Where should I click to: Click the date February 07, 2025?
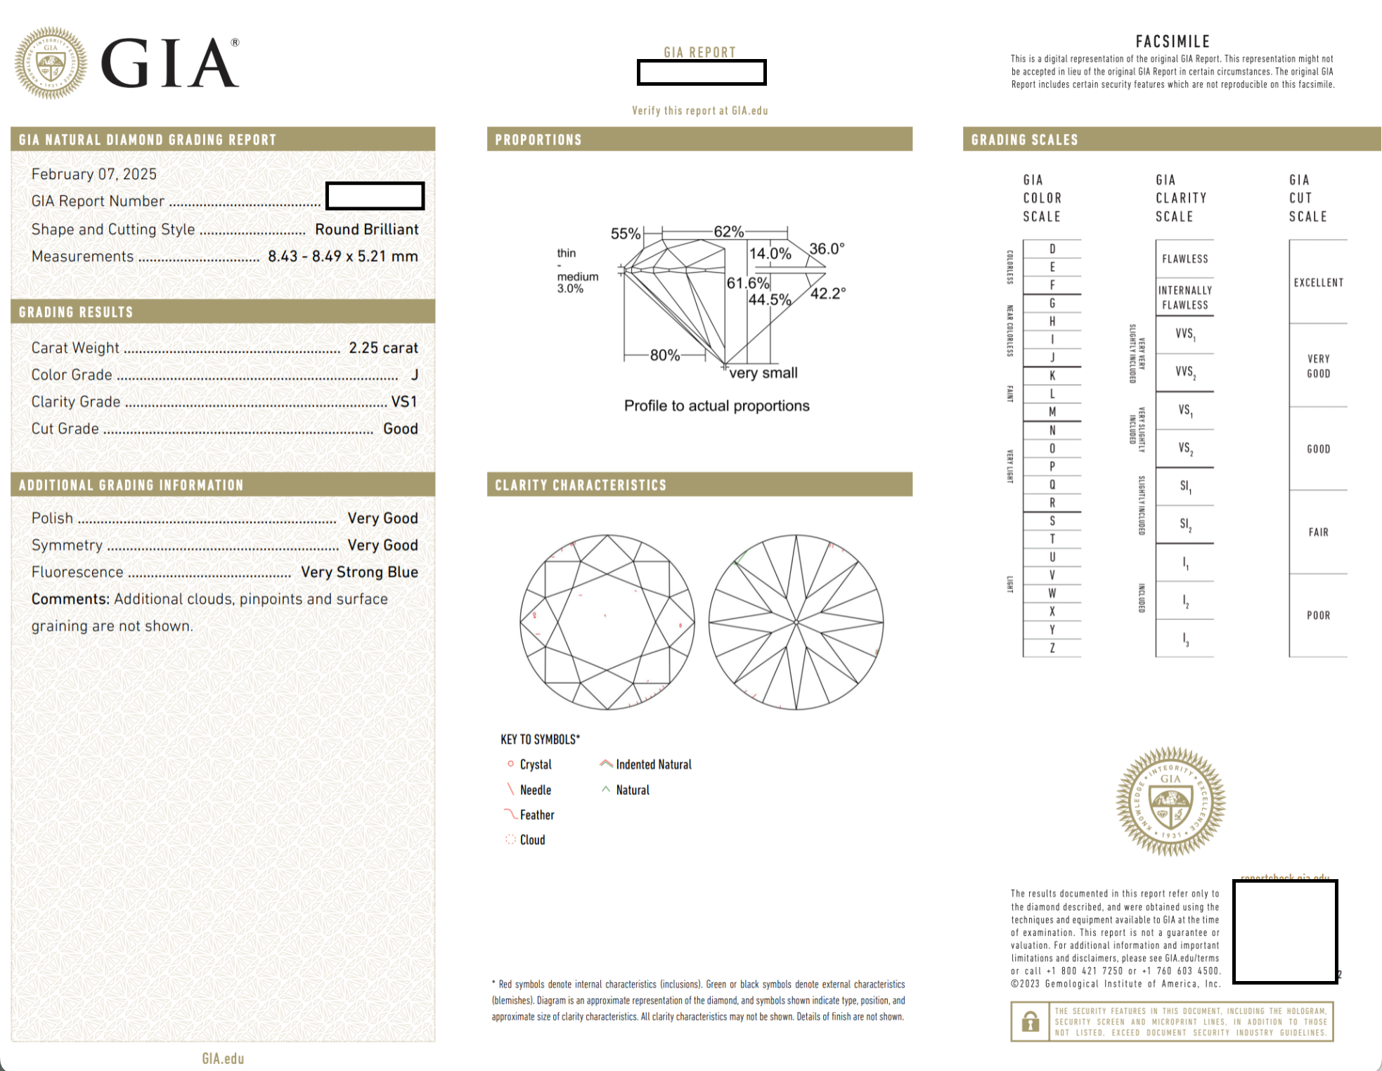[x=94, y=174]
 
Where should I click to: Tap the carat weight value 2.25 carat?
[x=383, y=348]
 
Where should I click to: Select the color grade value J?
[x=415, y=375]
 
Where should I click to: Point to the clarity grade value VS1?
[x=404, y=401]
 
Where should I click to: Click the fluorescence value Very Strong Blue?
[x=359, y=572]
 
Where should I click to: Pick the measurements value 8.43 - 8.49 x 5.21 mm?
[x=342, y=257]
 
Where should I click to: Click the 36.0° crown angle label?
[x=827, y=249]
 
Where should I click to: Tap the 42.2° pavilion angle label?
[x=828, y=294]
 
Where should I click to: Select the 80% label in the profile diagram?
[x=664, y=355]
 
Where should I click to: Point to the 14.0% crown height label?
[x=770, y=254]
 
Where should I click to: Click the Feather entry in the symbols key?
[x=537, y=815]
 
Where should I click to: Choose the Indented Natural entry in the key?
[x=653, y=765]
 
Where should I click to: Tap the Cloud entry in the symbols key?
[x=532, y=840]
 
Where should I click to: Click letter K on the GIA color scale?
[x=1052, y=375]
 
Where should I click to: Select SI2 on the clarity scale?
[x=1185, y=524]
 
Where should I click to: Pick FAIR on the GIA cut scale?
[x=1318, y=532]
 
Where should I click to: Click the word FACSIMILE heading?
[x=1173, y=41]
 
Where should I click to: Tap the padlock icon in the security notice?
[x=1031, y=1021]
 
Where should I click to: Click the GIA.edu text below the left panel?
[x=223, y=1058]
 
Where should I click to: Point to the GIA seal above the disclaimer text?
[x=1170, y=801]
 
